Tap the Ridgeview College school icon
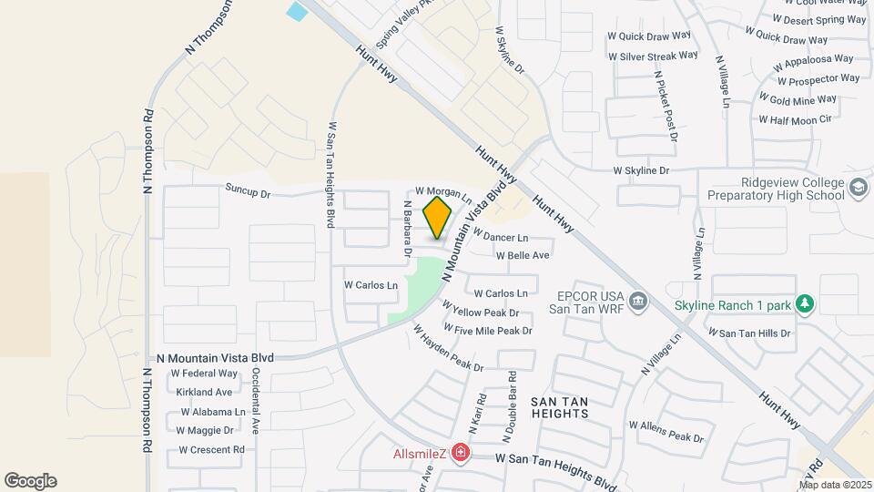pos(858,189)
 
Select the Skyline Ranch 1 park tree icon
pos(805,304)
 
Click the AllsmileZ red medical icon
pos(461,453)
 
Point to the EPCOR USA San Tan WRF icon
pos(637,301)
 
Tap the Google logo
pos(30,481)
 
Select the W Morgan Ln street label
pos(442,193)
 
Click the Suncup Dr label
pos(249,193)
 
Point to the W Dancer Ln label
pos(501,237)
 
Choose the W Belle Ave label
pos(523,255)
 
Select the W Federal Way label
pos(203,374)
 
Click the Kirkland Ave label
pos(204,393)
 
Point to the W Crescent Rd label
pos(211,450)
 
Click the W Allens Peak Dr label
pos(666,430)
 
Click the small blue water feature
pos(298,12)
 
